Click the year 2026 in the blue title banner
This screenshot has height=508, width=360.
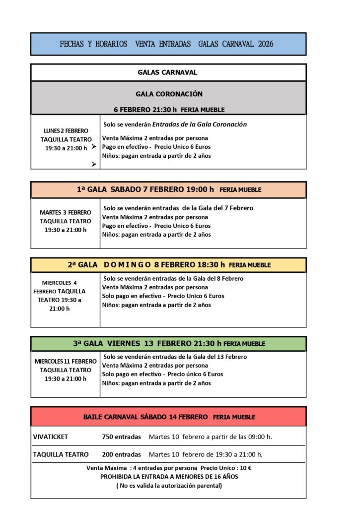pyautogui.click(x=266, y=44)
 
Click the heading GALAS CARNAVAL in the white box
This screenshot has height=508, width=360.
pyautogui.click(x=167, y=72)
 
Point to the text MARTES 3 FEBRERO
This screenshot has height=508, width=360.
pyautogui.click(x=66, y=212)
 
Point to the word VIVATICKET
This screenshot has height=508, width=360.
pyautogui.click(x=51, y=437)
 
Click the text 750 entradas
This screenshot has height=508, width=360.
pyautogui.click(x=121, y=437)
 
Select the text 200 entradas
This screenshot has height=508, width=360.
pyautogui.click(x=121, y=454)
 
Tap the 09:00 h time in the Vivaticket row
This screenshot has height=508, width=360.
pyautogui.click(x=261, y=437)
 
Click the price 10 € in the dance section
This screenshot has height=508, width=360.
pyautogui.click(x=245, y=468)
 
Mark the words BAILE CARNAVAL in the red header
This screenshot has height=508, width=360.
pyautogui.click(x=112, y=417)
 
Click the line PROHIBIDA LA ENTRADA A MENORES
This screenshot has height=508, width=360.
pyautogui.click(x=169, y=476)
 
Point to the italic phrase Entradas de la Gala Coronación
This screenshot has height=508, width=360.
pyautogui.click(x=199, y=125)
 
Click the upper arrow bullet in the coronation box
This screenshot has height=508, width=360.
pyautogui.click(x=94, y=147)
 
